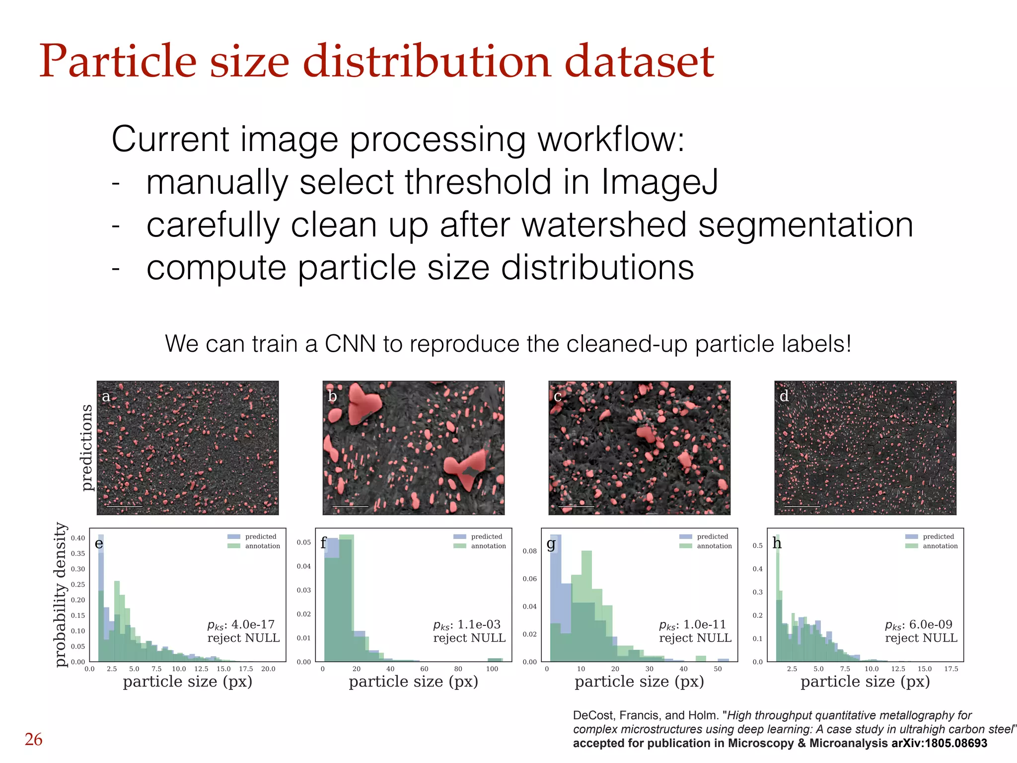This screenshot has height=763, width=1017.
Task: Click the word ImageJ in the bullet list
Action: [659, 182]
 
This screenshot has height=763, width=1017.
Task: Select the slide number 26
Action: [33, 739]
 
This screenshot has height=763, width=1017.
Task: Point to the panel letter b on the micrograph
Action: [332, 396]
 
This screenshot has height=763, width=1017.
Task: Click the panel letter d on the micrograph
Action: [784, 396]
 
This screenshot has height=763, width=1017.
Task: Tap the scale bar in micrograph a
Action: [124, 507]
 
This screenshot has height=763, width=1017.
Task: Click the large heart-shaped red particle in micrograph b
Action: [363, 402]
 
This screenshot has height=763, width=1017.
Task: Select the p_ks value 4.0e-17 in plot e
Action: [253, 624]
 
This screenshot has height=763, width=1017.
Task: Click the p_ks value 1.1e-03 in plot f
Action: [479, 624]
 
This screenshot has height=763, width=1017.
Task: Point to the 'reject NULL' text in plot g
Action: [695, 638]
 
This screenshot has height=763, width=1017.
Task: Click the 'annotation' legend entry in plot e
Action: [262, 546]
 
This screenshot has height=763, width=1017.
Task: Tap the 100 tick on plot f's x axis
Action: [492, 669]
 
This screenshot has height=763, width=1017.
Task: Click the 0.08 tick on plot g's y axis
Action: [529, 551]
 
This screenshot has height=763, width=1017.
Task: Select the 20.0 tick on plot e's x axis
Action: [268, 669]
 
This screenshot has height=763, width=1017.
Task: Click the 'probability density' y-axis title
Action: [60, 595]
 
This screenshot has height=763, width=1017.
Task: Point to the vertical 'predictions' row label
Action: [86, 448]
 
